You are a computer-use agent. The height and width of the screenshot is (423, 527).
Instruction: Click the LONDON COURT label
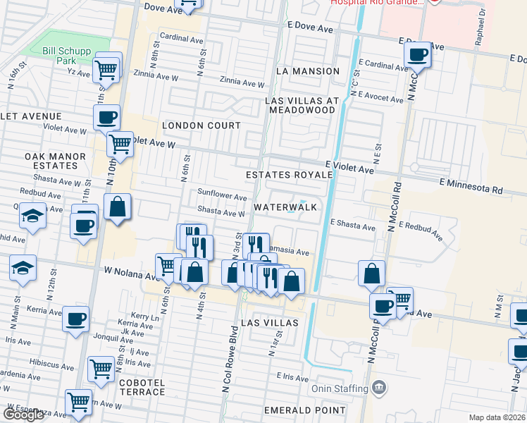pos(201,125)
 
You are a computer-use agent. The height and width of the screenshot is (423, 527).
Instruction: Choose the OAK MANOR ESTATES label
pos(51,161)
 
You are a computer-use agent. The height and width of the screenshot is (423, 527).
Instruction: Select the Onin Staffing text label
pos(340,388)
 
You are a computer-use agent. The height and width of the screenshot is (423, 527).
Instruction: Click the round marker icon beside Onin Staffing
pos(379,387)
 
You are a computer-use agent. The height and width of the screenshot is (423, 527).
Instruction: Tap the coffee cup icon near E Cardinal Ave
pos(417,54)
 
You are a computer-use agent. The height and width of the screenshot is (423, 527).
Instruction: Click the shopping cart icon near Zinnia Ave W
pos(106,70)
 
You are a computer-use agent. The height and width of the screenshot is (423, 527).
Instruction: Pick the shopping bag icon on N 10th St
pos(118,208)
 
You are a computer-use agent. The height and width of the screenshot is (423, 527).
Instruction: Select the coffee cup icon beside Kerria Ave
pos(75,318)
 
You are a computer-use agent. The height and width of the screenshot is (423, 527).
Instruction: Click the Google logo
pos(23,415)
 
